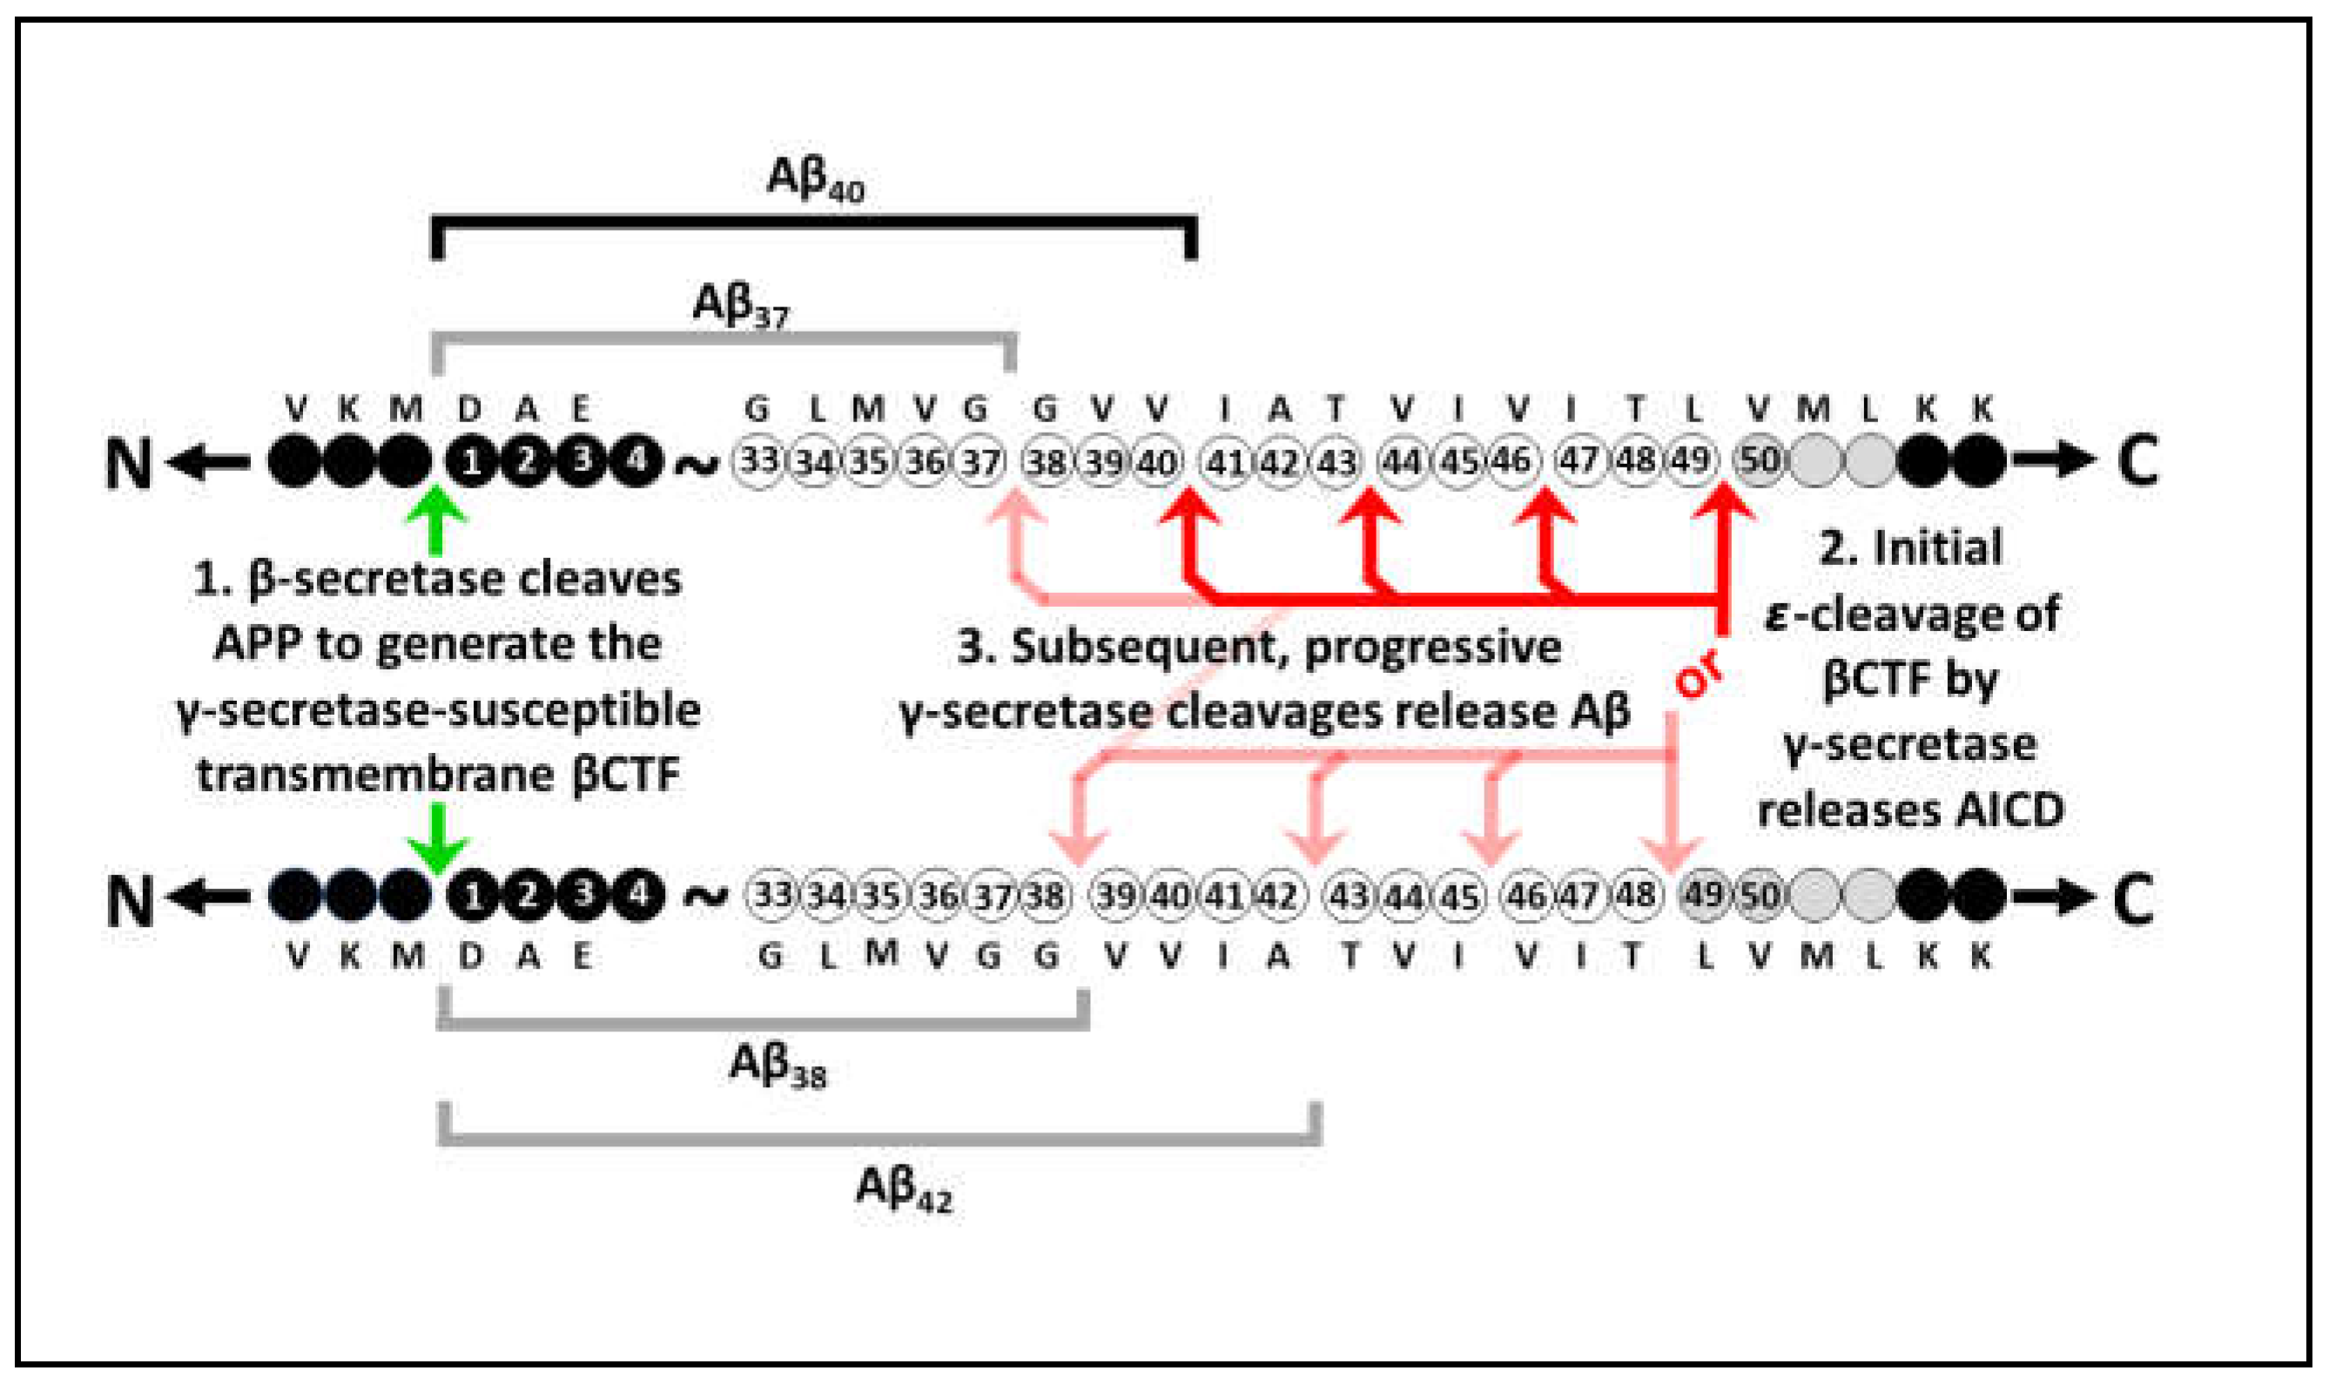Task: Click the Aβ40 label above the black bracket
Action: pyautogui.click(x=814, y=178)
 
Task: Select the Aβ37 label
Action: pyautogui.click(x=741, y=305)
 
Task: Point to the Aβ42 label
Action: pyautogui.click(x=904, y=1189)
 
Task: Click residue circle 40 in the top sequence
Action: pyautogui.click(x=1157, y=461)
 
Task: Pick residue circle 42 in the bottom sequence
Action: pyautogui.click(x=1278, y=896)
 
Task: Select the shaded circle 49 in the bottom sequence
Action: pyautogui.click(x=1705, y=896)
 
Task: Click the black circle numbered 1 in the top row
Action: pyautogui.click(x=473, y=461)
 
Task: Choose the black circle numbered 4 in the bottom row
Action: pyautogui.click(x=638, y=896)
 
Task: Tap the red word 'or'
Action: pyautogui.click(x=1699, y=676)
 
